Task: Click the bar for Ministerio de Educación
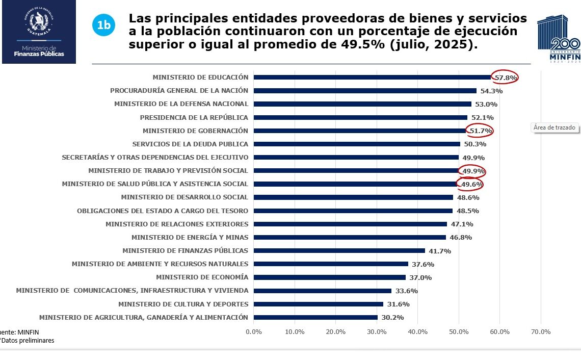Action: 372,78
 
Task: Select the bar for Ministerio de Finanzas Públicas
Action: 339,251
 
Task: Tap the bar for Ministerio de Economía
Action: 330,277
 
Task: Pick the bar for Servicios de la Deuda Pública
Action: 357,144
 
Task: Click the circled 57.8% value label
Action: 506,78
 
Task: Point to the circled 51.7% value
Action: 481,131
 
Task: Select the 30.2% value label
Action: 393,318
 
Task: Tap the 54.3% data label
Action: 492,91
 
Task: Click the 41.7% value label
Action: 440,251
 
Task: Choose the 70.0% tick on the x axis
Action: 541,332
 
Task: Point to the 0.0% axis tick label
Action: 254,332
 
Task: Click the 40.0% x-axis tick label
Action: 418,332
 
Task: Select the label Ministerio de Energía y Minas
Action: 190,238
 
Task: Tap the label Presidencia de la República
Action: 194,117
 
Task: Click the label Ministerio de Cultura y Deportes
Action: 183,304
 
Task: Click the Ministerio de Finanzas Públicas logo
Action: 39,32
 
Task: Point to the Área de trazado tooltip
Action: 554,127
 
